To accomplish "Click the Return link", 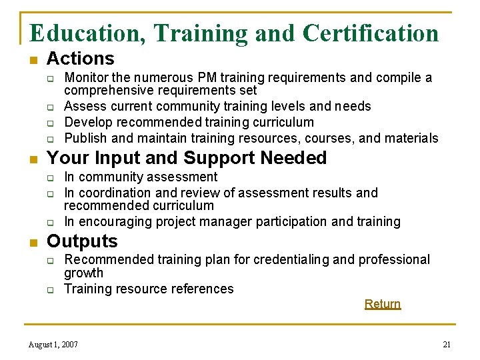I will point(382,304).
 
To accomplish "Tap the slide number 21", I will point(447,345).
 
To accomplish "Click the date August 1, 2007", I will point(53,345).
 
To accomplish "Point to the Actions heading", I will point(80,59).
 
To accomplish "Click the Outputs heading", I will point(82,241).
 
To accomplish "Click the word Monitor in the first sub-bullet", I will point(85,78).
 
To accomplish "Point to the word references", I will point(204,289).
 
